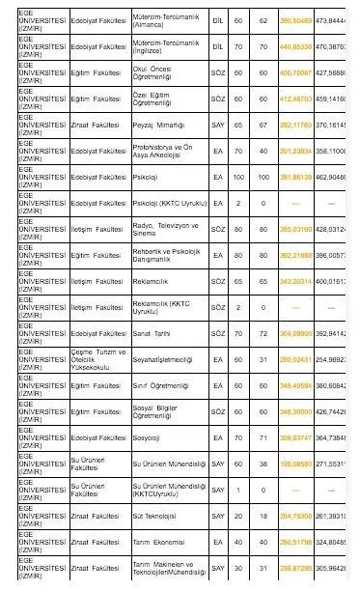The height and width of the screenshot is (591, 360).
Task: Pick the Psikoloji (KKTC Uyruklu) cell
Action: coord(160,204)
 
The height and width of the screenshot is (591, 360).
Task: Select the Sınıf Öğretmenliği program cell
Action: coord(160,386)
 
